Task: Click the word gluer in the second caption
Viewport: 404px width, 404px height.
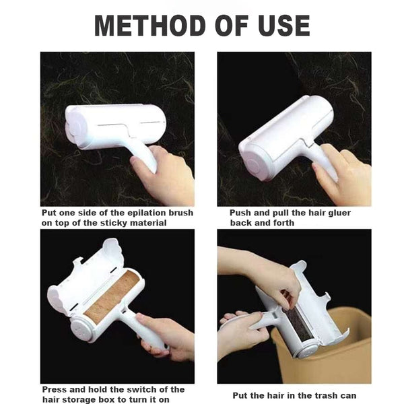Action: [347, 213]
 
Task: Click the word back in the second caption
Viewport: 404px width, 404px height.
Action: [242, 223]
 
